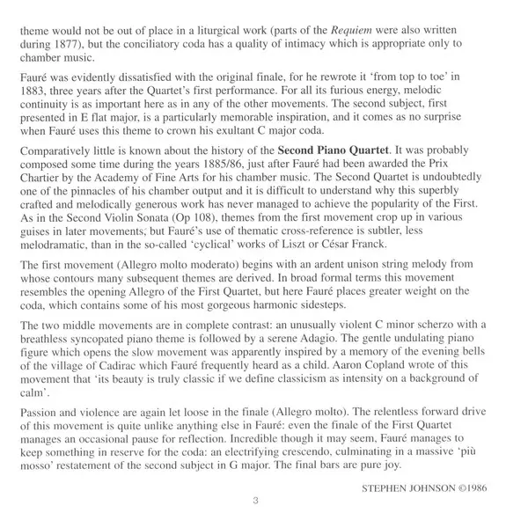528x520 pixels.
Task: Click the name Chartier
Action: tap(36, 201)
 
